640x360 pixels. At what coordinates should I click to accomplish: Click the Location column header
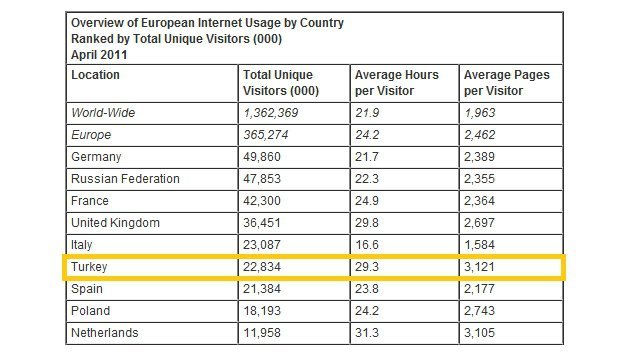pyautogui.click(x=96, y=75)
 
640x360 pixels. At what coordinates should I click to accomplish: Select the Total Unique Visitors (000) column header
pyautogui.click(x=278, y=83)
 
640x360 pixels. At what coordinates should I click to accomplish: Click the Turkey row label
pyautogui.click(x=90, y=267)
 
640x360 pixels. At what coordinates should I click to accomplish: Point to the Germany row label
pyautogui.click(x=96, y=157)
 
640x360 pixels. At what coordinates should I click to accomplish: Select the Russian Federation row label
pyautogui.click(x=126, y=179)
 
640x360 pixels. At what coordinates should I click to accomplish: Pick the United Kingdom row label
pyautogui.click(x=115, y=223)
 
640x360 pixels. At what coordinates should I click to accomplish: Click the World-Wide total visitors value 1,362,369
pyautogui.click(x=275, y=113)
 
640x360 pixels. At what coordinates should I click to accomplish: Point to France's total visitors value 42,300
pyautogui.click(x=264, y=201)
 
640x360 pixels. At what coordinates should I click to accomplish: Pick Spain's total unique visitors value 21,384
pyautogui.click(x=264, y=288)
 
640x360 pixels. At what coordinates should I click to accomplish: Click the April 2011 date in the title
pyautogui.click(x=98, y=56)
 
